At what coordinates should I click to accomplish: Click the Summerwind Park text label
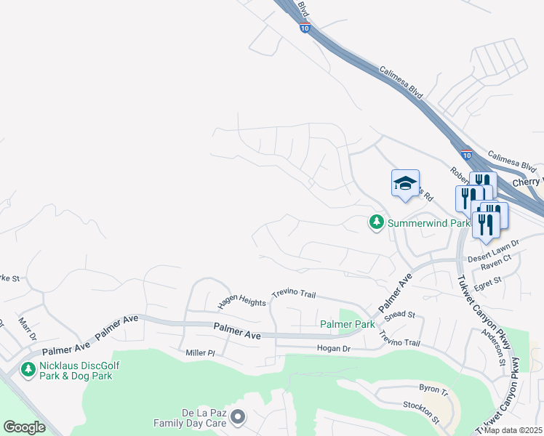pos(428,223)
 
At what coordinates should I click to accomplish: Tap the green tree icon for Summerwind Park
pos(376,222)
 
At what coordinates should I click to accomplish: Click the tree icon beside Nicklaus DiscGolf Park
pos(28,370)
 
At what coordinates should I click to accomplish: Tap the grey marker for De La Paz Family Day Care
pos(240,417)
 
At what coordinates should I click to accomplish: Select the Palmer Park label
pos(346,324)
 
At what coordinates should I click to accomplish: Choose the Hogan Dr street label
pos(334,349)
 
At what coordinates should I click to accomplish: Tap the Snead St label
pos(400,315)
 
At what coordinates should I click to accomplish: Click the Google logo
pos(24,427)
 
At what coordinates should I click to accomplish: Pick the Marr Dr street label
pos(27,329)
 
